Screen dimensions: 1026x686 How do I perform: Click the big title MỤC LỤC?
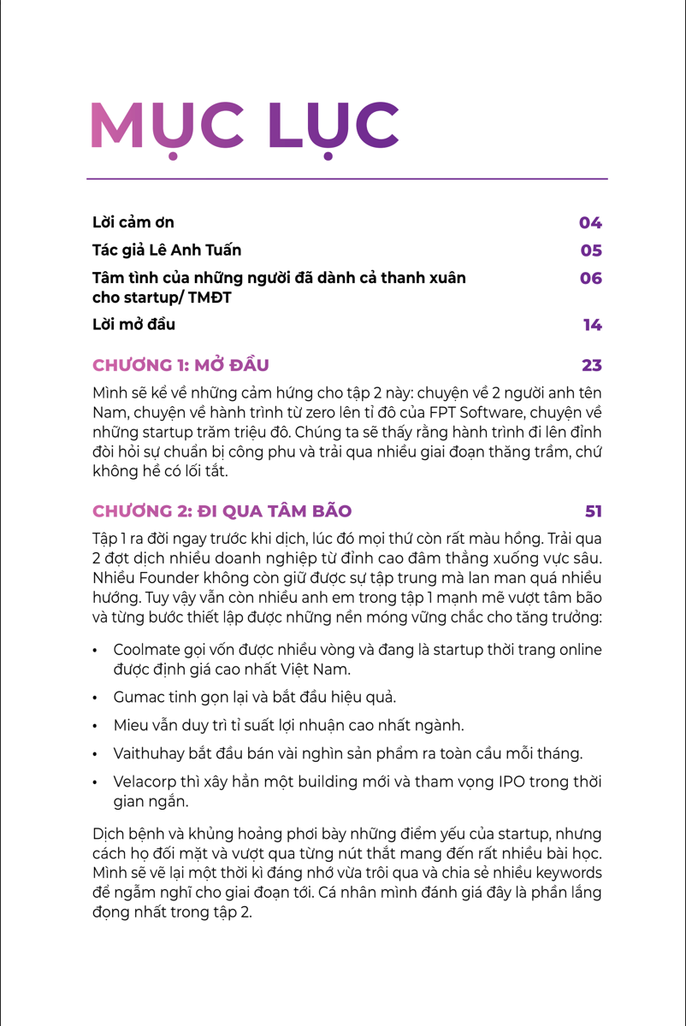(245, 127)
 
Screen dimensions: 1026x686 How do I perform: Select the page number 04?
(590, 223)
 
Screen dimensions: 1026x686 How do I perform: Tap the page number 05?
(591, 251)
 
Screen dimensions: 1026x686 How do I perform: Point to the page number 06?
(591, 279)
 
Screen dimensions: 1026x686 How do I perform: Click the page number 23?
(592, 366)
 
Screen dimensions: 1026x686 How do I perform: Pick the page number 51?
(594, 511)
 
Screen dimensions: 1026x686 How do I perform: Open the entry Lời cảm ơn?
(133, 222)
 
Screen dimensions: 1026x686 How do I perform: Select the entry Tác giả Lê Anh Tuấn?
(167, 251)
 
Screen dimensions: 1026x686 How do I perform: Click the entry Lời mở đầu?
(133, 325)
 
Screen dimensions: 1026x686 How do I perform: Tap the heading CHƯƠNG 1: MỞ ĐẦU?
(180, 366)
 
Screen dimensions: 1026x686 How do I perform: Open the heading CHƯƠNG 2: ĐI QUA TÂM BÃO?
(222, 511)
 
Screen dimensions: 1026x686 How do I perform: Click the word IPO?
(511, 782)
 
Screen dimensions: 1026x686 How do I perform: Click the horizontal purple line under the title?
(346, 179)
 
